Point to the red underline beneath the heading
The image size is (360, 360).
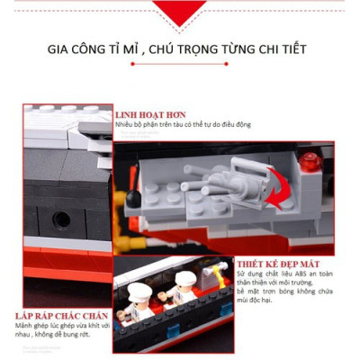click(x=179, y=64)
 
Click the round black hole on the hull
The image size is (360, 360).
click(x=60, y=219)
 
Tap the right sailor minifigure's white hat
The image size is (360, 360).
click(x=185, y=280)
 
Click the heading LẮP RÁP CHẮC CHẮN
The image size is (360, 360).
click(x=61, y=317)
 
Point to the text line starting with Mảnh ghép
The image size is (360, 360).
click(x=64, y=328)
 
